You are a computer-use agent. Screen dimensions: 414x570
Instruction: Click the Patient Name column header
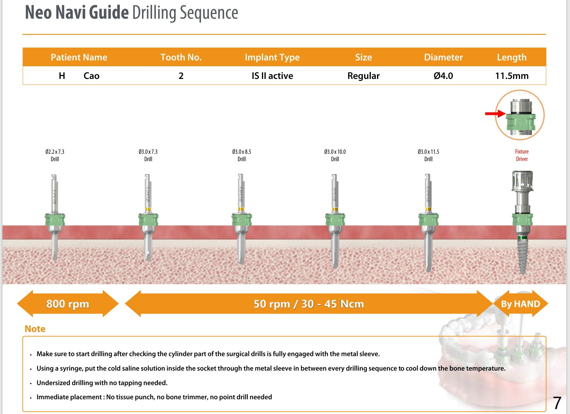(x=79, y=57)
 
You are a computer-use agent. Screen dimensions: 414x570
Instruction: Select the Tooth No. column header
(x=181, y=57)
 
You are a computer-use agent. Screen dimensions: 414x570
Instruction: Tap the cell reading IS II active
(x=272, y=76)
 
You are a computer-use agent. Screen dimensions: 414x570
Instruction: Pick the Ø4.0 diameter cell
(x=443, y=76)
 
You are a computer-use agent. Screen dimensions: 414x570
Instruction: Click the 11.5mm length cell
(x=512, y=76)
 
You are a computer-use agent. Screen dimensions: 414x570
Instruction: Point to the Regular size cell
(x=363, y=76)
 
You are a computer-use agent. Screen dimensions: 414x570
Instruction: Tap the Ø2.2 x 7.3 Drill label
(x=55, y=155)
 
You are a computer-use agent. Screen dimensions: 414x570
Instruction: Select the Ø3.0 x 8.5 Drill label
(x=242, y=155)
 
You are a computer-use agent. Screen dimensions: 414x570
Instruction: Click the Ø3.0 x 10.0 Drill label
(x=335, y=155)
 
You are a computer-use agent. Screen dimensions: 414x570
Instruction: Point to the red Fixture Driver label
(x=522, y=155)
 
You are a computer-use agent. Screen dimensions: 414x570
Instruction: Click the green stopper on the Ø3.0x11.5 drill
(x=428, y=219)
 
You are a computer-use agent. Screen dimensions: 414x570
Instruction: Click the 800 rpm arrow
(x=68, y=304)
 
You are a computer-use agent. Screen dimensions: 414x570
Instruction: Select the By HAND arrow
(x=520, y=304)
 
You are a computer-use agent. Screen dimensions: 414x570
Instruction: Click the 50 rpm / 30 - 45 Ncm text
(x=309, y=304)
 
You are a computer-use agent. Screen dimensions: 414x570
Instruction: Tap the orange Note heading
(x=35, y=329)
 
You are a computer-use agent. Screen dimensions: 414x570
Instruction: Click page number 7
(x=557, y=403)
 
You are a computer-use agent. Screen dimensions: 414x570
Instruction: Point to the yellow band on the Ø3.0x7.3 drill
(x=148, y=209)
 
